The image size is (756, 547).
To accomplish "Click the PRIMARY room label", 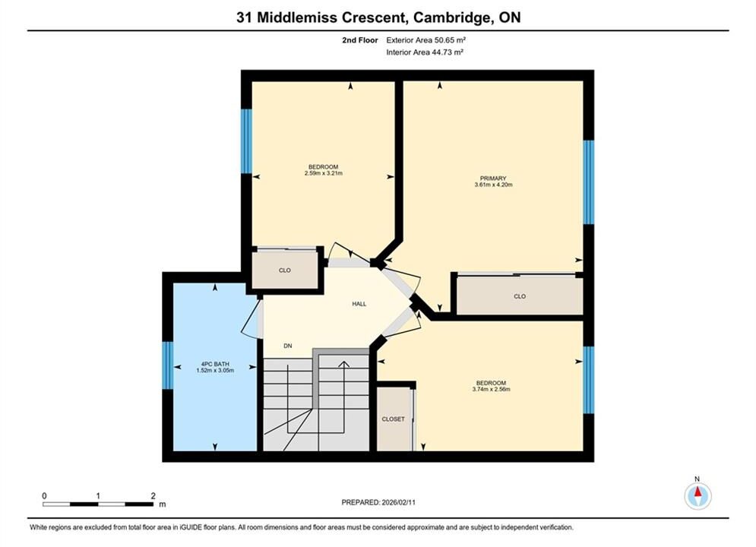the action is point(493,179).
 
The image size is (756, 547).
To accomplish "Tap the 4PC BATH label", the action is point(215,364).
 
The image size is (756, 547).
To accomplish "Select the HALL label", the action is point(359,304).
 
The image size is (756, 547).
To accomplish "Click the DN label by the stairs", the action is point(288,346).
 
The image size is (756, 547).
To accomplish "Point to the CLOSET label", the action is point(394,419).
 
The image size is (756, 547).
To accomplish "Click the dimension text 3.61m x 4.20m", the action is point(493,185).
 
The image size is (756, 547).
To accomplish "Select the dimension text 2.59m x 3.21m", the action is point(324,173).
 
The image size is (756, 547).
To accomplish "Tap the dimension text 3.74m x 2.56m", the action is point(492,390).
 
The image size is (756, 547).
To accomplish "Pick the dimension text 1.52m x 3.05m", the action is point(215,371).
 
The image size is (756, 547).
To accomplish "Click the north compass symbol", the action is point(697,495).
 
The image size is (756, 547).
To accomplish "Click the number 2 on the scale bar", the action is point(153,496).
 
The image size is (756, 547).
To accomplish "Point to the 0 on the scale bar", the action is point(44,496).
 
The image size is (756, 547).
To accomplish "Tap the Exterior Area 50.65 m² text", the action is point(425,40).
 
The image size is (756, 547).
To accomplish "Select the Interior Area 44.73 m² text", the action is point(425,52).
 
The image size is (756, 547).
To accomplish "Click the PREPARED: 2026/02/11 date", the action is point(378,502).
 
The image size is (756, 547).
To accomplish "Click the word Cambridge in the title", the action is point(451,17).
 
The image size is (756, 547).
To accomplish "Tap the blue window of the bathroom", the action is point(167,365).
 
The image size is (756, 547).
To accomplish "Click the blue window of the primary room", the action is point(588,182).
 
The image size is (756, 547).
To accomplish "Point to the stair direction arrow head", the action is point(343,364).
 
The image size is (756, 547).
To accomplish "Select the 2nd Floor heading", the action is point(360,40).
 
